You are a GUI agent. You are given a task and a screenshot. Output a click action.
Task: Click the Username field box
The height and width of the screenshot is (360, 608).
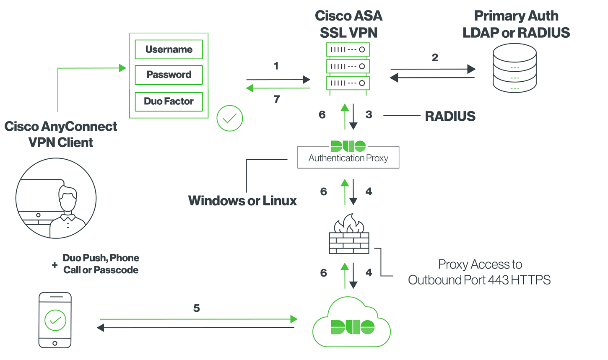pos(169,49)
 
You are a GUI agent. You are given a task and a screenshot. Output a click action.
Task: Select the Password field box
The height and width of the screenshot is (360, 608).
pos(169,75)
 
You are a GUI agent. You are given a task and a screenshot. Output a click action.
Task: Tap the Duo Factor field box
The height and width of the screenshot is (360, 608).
pos(169,101)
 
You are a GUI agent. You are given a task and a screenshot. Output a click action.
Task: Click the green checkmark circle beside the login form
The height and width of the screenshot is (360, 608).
pos(230,118)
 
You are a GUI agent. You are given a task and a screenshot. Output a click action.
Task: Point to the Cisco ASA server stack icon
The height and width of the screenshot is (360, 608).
pos(348,66)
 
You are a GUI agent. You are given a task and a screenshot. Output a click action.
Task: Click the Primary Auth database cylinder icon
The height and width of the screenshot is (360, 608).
pos(514,68)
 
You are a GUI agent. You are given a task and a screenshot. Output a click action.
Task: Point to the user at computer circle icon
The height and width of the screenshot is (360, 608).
pos(56,198)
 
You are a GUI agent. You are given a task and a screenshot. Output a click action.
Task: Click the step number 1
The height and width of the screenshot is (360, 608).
pos(276,66)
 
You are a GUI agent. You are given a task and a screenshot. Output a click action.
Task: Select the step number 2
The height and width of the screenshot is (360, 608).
pos(435,57)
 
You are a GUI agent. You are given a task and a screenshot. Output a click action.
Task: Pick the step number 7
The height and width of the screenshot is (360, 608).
pos(277,99)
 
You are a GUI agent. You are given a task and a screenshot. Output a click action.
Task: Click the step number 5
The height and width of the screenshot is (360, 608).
pos(196,308)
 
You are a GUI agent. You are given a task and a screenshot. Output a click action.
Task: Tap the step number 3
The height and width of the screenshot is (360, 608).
pos(369,114)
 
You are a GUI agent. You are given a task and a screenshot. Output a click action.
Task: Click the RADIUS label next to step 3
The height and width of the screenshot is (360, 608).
pos(450,116)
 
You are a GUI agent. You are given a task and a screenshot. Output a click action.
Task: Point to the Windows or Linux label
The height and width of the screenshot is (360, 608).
pos(242,201)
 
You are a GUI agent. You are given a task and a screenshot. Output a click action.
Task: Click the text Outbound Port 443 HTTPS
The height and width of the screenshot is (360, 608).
pos(479,280)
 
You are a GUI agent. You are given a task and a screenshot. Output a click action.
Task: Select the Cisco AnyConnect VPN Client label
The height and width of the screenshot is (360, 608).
pos(61,134)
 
